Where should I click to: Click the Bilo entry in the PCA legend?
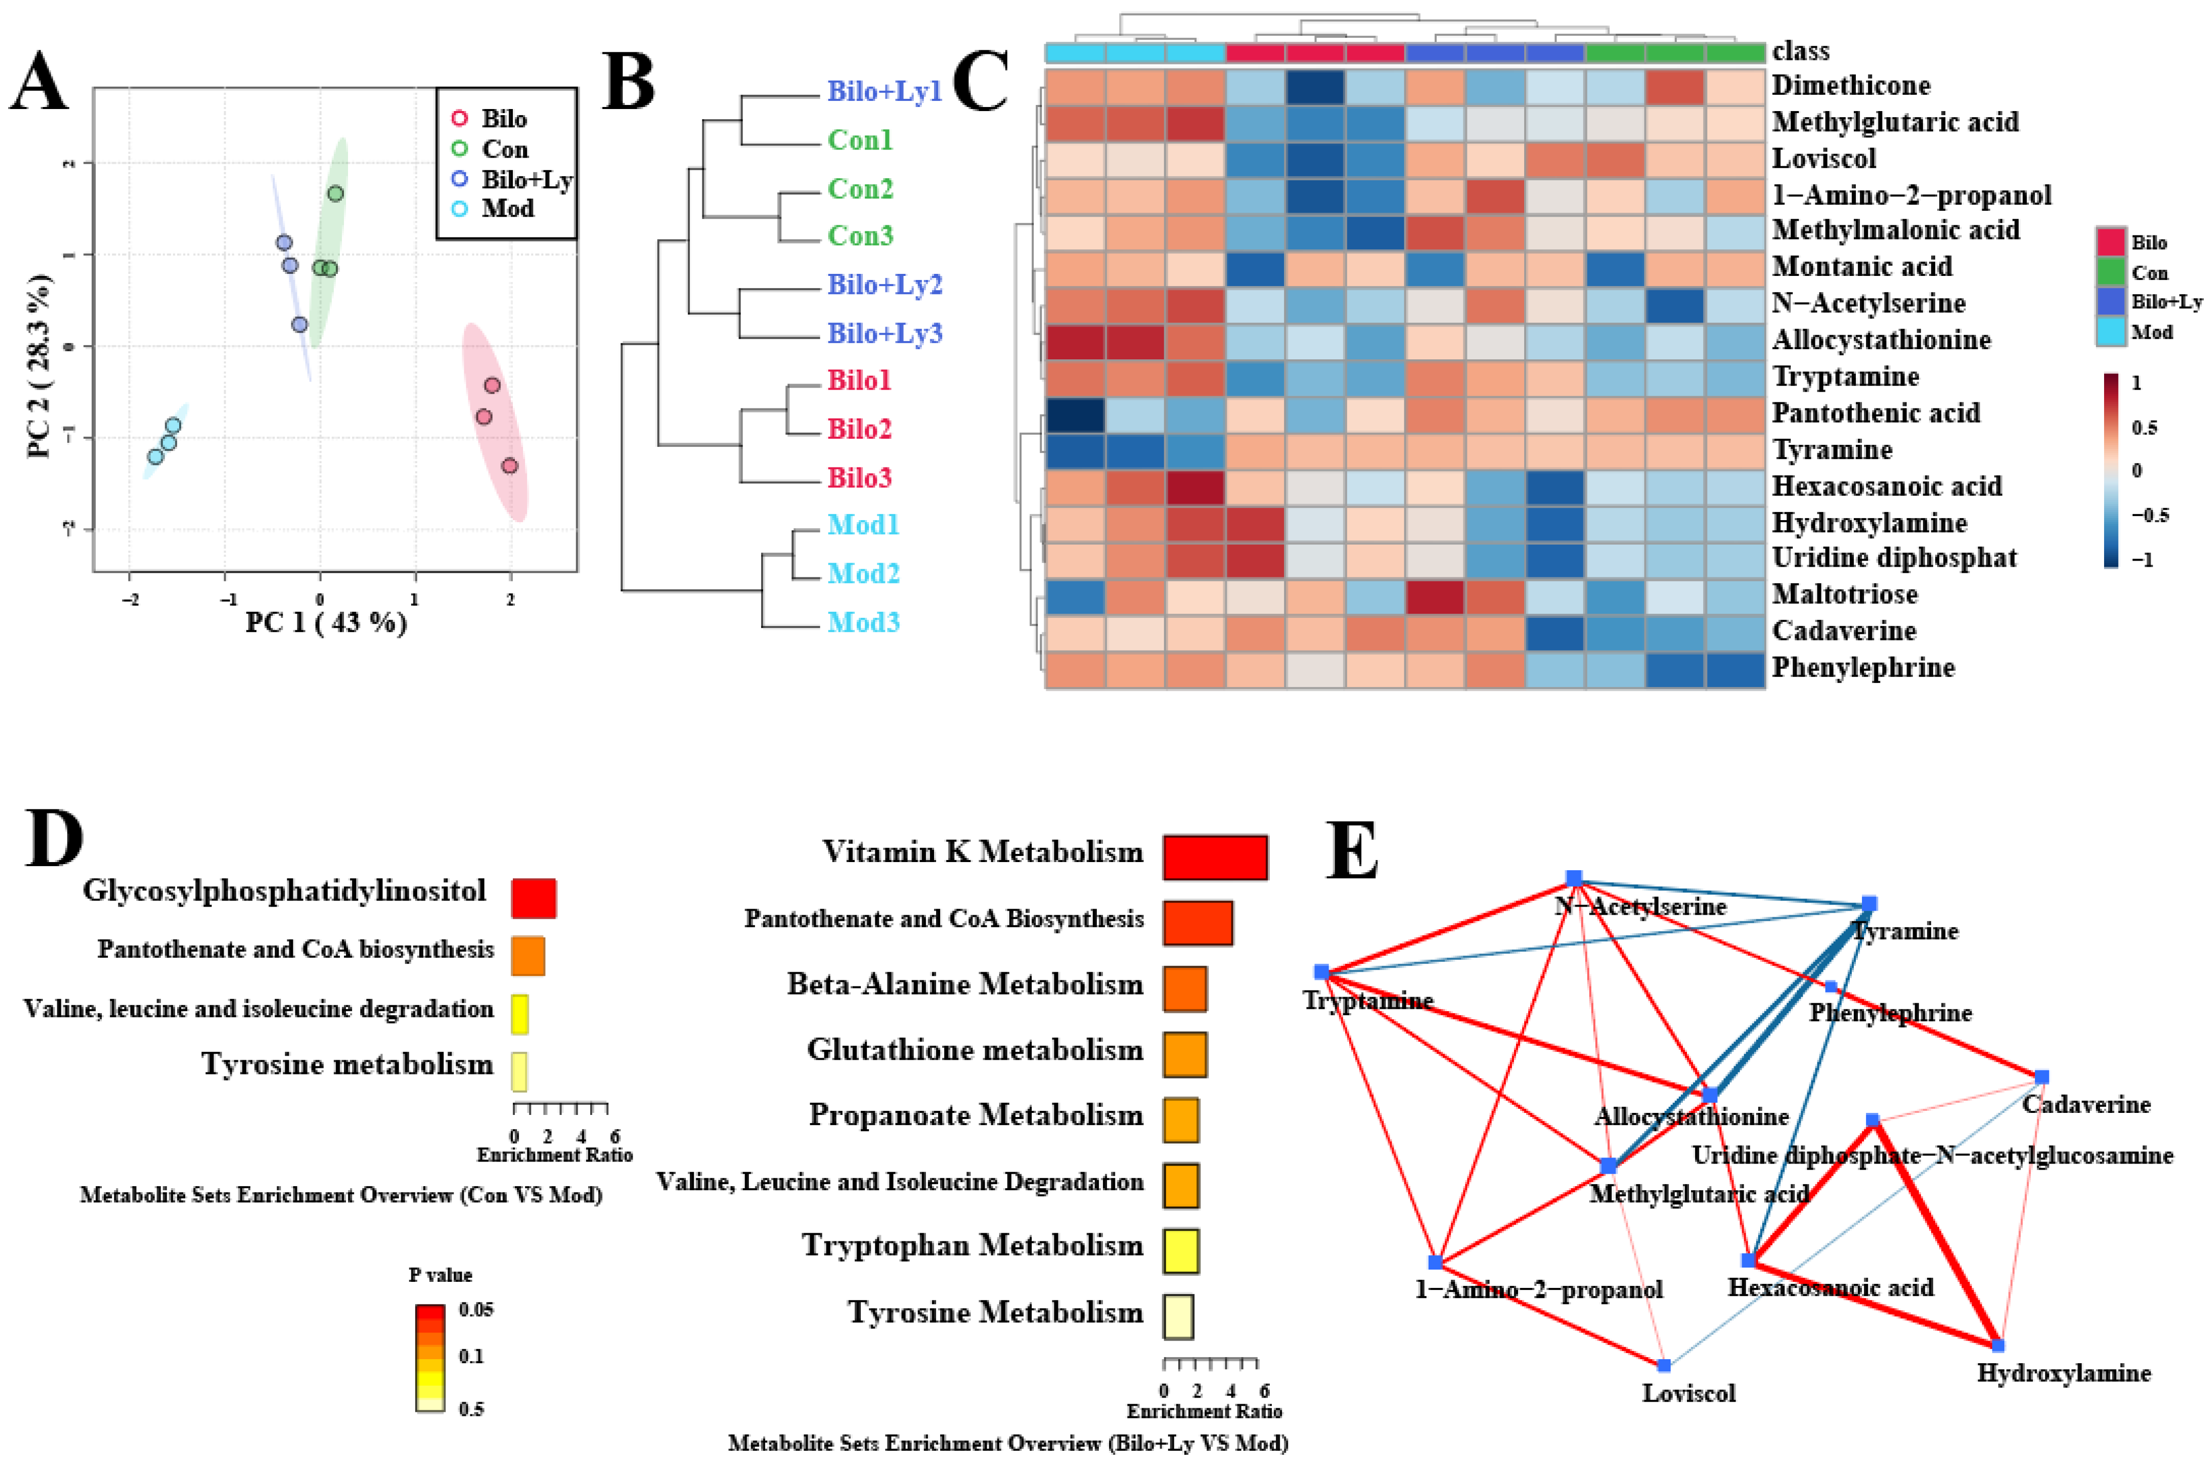click(x=503, y=119)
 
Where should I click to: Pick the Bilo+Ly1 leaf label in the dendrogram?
click(x=884, y=91)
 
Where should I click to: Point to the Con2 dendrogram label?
click(x=860, y=188)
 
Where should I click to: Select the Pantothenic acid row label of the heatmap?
click(x=1875, y=413)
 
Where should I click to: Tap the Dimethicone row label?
click(x=1850, y=85)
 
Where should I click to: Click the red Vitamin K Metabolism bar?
click(x=1215, y=856)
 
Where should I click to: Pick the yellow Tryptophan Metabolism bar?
click(x=1180, y=1251)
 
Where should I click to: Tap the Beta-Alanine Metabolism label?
click(x=964, y=984)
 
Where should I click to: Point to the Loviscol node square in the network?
click(x=1664, y=1366)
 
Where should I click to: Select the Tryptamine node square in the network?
click(x=1321, y=972)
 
